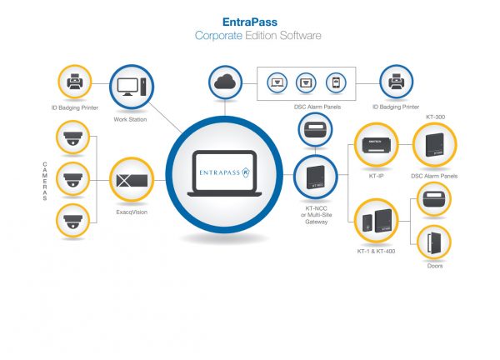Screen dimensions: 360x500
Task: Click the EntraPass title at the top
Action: click(249, 22)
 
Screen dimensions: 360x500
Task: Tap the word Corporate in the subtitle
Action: click(217, 36)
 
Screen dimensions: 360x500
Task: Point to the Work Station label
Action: click(130, 119)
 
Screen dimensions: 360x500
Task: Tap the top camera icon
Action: click(71, 139)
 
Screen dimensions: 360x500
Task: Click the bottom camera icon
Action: click(71, 221)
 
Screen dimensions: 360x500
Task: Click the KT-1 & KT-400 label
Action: click(375, 250)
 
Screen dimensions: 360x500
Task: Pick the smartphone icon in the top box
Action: click(333, 83)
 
